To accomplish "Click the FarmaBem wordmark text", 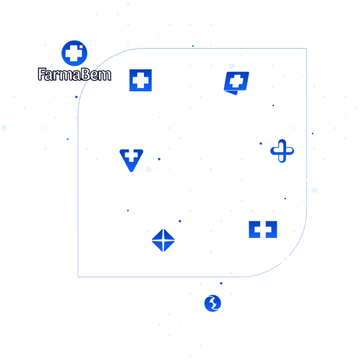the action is (75, 75).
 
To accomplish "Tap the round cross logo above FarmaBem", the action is (74, 53).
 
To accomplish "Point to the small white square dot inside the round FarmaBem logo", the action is (81, 48).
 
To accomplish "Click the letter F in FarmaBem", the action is (41, 74).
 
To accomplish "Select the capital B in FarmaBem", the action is (86, 75).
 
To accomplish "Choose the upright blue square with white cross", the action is (141, 80).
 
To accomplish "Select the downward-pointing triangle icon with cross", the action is (131, 160).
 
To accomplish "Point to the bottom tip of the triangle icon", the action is (131, 171).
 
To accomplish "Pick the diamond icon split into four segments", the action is (163, 241).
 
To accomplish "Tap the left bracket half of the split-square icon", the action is (255, 229).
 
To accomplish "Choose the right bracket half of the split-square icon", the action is (271, 229).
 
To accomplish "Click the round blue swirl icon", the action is (213, 303).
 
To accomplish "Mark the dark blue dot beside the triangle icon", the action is (159, 159).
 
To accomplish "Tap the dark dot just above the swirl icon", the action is (221, 283).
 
